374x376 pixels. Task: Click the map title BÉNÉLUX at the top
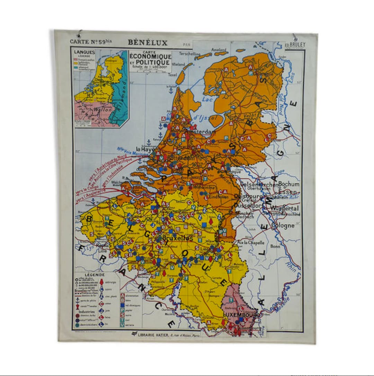pos(148,43)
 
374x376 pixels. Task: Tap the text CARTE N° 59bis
pos(89,41)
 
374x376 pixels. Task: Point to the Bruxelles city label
pos(177,238)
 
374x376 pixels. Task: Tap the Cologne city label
pos(283,226)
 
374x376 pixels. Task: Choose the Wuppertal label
pos(284,209)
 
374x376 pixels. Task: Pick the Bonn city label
pos(275,246)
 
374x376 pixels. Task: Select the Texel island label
pos(172,75)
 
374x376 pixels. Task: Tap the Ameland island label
pos(219,50)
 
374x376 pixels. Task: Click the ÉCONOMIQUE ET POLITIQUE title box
pos(150,61)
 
